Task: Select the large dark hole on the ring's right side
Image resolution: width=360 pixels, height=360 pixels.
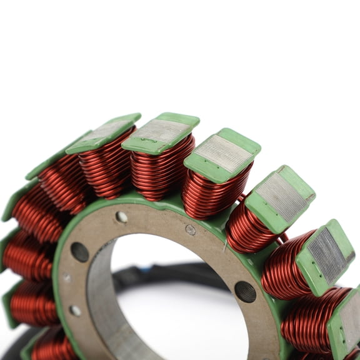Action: [244, 291]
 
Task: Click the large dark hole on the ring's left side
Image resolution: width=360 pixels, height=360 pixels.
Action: [80, 252]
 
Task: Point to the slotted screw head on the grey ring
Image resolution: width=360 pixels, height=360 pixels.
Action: [191, 230]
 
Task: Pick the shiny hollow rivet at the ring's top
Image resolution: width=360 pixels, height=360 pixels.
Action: [121, 217]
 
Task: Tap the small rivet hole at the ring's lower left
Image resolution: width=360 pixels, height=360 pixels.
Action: [75, 311]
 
